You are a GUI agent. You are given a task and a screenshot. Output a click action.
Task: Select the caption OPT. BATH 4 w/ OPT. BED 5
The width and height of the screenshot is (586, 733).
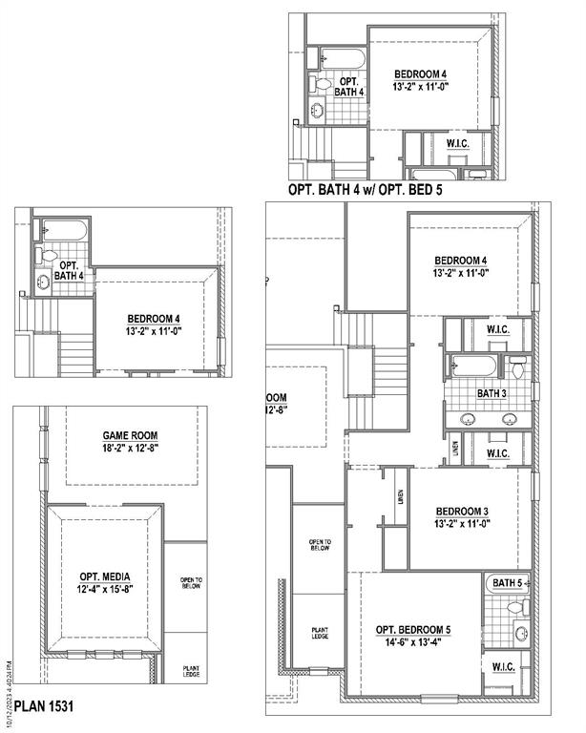coord(365,190)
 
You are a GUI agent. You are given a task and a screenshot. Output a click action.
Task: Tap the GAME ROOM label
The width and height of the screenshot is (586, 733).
coord(130,435)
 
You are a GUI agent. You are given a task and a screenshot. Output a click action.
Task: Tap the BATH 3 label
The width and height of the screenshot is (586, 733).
coord(492,392)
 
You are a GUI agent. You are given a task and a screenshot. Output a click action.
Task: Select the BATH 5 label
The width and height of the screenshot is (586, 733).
coord(507,582)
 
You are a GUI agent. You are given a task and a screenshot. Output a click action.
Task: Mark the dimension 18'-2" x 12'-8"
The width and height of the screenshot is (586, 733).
coord(130,449)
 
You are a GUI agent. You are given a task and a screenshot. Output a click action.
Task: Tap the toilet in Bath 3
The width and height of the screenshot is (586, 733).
coord(517,366)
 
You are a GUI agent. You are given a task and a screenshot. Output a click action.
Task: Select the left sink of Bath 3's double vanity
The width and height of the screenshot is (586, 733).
coord(469,418)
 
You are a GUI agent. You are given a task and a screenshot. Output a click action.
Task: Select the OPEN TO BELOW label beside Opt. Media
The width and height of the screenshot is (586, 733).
coord(192,584)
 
